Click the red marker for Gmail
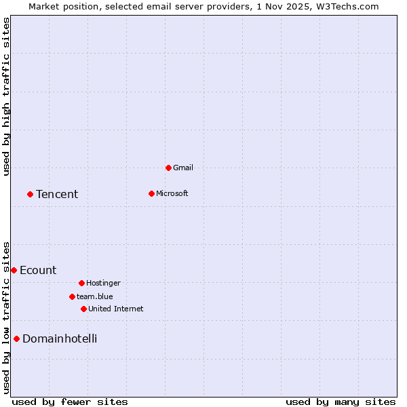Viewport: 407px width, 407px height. tap(168, 168)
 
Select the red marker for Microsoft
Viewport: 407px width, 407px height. tap(151, 193)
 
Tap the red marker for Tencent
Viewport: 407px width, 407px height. tap(30, 194)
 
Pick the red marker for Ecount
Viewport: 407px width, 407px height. tap(14, 270)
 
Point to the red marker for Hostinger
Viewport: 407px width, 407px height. tap(81, 283)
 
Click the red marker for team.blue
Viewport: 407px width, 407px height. tap(72, 296)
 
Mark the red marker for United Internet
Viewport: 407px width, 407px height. tap(83, 309)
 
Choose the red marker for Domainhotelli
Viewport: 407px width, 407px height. tap(16, 338)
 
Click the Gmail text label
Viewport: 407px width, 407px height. tap(183, 168)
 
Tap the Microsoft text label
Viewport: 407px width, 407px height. tap(172, 193)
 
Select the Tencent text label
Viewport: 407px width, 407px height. tap(57, 195)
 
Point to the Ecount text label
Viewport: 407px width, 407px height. tap(38, 271)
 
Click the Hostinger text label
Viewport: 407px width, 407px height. tap(103, 283)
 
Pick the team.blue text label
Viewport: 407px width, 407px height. tap(94, 296)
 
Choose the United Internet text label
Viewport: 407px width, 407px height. tap(115, 309)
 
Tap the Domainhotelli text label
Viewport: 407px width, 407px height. tap(60, 339)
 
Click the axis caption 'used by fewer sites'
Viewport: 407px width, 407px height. tap(70, 402)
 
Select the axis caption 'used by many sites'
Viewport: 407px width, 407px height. tap(341, 402)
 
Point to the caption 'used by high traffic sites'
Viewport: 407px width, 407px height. tap(6, 96)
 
